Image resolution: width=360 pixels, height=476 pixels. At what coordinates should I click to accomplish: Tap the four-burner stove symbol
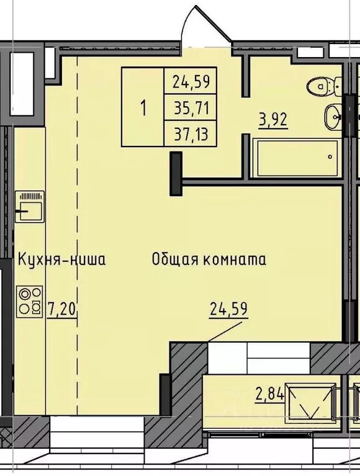click(x=30, y=300)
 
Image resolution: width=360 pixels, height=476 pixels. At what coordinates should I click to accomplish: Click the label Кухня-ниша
click(x=61, y=259)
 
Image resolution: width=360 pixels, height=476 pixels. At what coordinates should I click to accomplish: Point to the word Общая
click(x=174, y=259)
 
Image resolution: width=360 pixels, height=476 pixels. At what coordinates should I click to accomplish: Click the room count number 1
click(x=143, y=107)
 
